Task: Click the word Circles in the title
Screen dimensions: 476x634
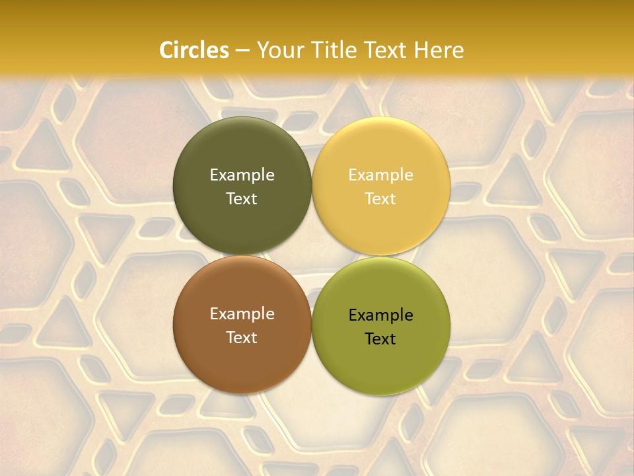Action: [194, 50]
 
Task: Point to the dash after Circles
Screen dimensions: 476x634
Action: [242, 51]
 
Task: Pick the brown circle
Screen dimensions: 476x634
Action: [242, 357]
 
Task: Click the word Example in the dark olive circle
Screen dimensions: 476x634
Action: [242, 175]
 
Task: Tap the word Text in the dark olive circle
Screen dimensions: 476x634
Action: [242, 199]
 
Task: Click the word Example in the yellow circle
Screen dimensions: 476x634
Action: [380, 175]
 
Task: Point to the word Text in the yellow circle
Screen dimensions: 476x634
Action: [380, 199]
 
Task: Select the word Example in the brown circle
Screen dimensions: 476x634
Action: [242, 314]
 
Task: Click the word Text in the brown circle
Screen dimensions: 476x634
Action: [242, 338]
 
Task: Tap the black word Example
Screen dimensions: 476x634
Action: [380, 315]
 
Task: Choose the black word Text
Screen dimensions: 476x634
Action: [380, 339]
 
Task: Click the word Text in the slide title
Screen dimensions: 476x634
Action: [386, 50]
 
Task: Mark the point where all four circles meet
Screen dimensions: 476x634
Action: [312, 255]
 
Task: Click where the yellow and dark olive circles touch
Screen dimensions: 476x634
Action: [312, 186]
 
